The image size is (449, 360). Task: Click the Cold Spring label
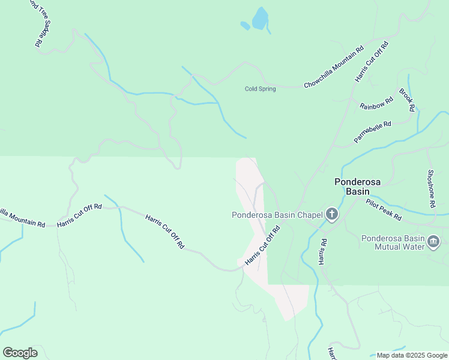point(260,89)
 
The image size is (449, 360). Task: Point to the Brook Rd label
point(407,100)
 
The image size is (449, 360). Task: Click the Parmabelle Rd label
point(372,132)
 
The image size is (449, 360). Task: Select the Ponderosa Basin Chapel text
point(277,215)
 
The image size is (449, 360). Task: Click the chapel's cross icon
point(332,215)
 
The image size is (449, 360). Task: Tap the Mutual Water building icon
point(433,242)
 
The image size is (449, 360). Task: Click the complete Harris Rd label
point(323,252)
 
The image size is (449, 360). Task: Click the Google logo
point(20,353)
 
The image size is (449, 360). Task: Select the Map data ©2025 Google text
point(412,355)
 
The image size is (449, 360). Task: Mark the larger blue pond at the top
point(260,19)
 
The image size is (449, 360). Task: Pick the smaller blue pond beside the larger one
point(245,26)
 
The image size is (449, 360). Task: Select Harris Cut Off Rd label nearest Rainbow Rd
point(372,61)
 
